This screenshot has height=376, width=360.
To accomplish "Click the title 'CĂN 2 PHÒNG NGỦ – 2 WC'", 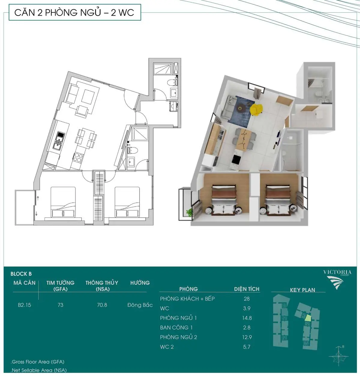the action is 74,13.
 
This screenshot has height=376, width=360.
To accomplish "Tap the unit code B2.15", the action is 24,305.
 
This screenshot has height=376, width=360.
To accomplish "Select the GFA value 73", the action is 60,305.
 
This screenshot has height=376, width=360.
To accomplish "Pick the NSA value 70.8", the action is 102,305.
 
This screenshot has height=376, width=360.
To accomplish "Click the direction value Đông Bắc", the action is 140,305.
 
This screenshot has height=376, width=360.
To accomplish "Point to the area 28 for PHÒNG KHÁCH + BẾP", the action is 247,299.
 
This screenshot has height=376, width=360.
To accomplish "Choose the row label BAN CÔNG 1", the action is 176,327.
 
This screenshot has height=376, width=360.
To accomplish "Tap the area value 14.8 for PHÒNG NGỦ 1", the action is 247,318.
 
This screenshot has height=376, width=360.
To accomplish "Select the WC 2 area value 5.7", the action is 247,347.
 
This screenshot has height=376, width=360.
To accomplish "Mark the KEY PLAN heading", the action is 302,290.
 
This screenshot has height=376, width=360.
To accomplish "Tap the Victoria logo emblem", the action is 335,283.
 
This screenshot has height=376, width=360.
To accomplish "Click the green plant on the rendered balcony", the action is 190,212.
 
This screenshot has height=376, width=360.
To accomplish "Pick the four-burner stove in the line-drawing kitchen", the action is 77,158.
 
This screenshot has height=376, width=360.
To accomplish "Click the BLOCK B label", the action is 21,274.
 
